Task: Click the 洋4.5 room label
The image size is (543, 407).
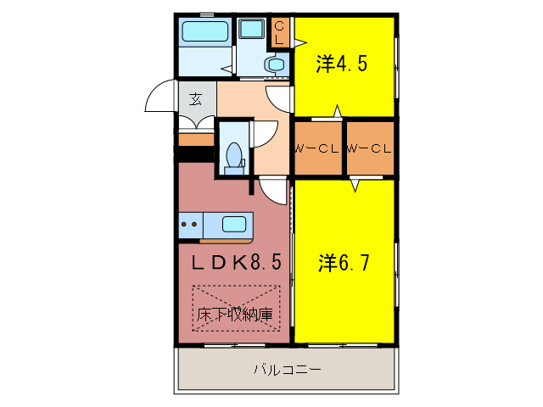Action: pyautogui.click(x=343, y=64)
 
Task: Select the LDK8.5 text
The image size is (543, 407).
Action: pyautogui.click(x=235, y=263)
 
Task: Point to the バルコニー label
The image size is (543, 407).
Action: pyautogui.click(x=287, y=371)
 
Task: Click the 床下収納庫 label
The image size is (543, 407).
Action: pyautogui.click(x=235, y=315)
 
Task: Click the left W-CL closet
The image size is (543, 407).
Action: pyautogui.click(x=317, y=148)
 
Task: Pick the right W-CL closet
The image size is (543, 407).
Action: pyautogui.click(x=370, y=148)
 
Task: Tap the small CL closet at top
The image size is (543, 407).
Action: pyautogui.click(x=280, y=34)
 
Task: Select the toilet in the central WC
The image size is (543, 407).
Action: pyautogui.click(x=233, y=157)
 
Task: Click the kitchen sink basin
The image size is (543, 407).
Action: pyautogui.click(x=233, y=225)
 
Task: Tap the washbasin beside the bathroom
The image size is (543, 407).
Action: pyautogui.click(x=251, y=29)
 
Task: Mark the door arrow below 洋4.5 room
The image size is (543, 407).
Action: pyautogui.click(x=338, y=112)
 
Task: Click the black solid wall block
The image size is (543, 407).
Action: pyautogui.click(x=194, y=154)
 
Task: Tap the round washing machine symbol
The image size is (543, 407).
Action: pyautogui.click(x=275, y=64)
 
